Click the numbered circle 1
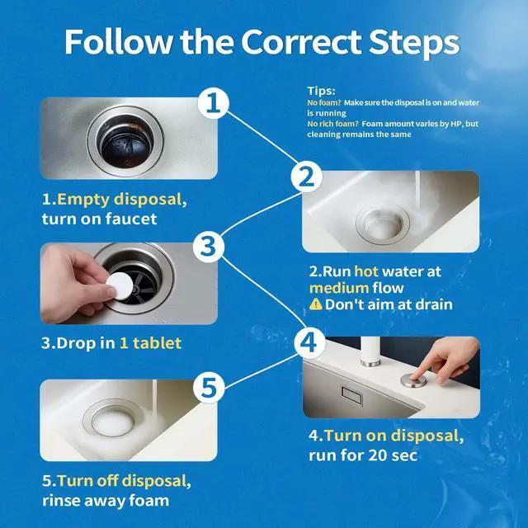tap(213, 103)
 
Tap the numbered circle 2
tap(306, 177)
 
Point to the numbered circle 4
tap(309, 343)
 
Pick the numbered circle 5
tap(209, 388)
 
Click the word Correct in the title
tap(301, 42)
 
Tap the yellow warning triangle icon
tap(315, 304)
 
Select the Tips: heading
tap(321, 91)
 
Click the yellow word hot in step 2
tap(366, 271)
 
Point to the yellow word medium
tap(339, 288)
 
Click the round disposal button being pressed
tap(413, 380)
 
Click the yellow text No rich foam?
tap(332, 124)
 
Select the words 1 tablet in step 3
tap(150, 343)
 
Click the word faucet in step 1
tap(131, 219)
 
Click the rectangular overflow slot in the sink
tap(351, 396)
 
